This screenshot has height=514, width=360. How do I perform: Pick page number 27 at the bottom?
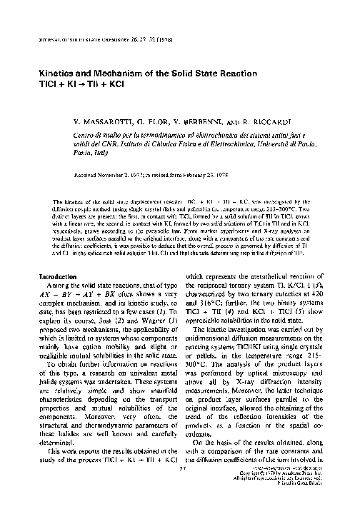click(180, 488)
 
